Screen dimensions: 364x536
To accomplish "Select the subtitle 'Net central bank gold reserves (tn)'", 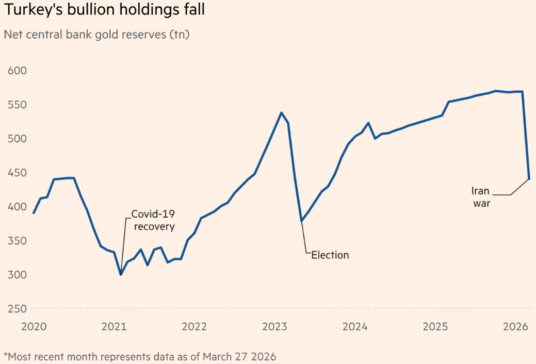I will [96, 35].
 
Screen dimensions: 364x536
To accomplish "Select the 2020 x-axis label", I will [34, 327].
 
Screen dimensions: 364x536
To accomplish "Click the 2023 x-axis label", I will [274, 327].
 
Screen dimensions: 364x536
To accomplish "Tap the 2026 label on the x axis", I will [515, 327].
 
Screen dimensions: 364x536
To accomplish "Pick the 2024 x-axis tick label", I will [354, 327].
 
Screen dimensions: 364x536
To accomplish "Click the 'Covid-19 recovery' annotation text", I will [153, 220].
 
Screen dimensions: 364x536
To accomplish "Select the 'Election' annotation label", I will [330, 255].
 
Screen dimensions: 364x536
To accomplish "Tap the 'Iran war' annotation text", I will [481, 197].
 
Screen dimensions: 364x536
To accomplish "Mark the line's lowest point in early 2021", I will [121, 274].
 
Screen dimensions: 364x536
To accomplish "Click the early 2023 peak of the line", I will [281, 113].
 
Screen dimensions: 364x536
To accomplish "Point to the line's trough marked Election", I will [301, 221].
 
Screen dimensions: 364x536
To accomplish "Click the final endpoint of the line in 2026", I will [529, 179].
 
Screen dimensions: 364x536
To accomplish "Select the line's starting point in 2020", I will [34, 213].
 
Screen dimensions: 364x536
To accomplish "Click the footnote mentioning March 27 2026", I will [140, 356].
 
